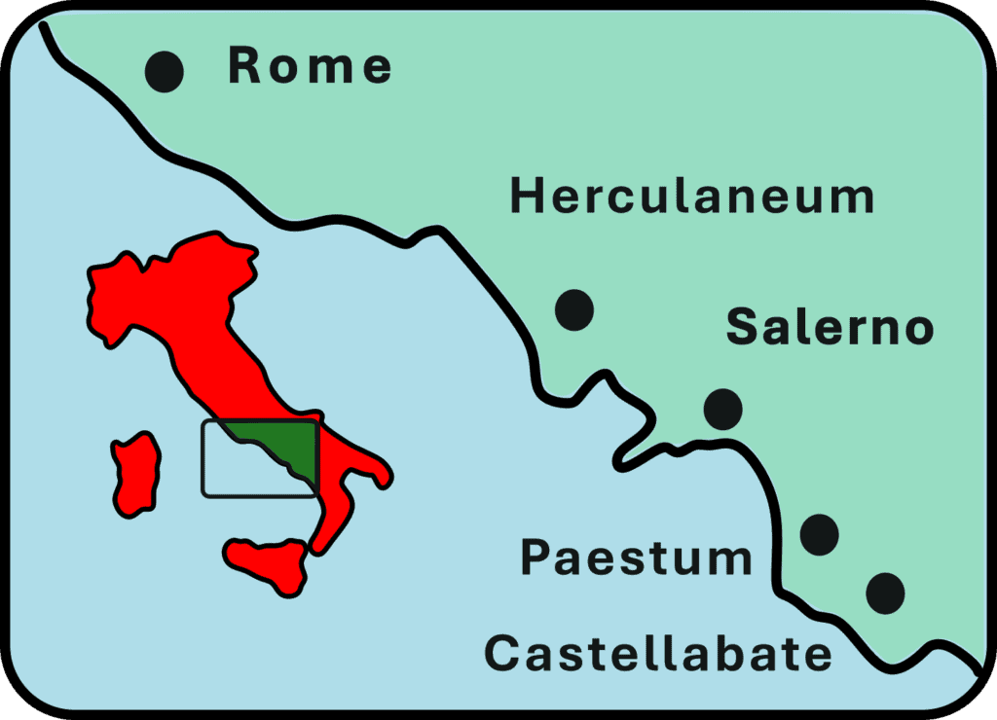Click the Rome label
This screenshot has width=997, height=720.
pyautogui.click(x=310, y=66)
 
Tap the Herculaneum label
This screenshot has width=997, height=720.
pyautogui.click(x=692, y=198)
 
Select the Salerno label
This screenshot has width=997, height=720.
pyautogui.click(x=830, y=328)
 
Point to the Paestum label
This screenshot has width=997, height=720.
pyautogui.click(x=636, y=558)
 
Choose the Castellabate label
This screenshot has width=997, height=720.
pyautogui.click(x=658, y=654)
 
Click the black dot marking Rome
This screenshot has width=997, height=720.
pyautogui.click(x=165, y=71)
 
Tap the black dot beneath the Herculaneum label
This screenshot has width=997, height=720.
pyautogui.click(x=574, y=309)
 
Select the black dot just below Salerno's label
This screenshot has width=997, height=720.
pyautogui.click(x=722, y=409)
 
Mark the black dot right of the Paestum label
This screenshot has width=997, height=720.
pyautogui.click(x=819, y=533)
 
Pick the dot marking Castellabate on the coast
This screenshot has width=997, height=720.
pyautogui.click(x=885, y=591)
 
